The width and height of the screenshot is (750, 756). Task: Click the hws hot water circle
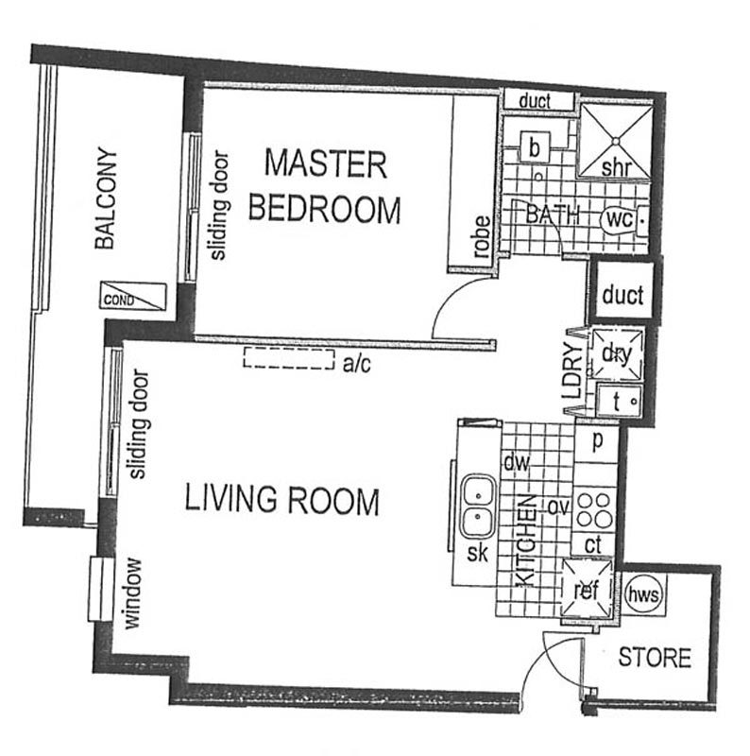tap(643, 594)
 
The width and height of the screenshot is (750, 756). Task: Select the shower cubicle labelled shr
tap(615, 141)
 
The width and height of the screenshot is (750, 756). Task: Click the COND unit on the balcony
tap(133, 296)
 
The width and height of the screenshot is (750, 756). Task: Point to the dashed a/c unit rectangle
tap(289, 358)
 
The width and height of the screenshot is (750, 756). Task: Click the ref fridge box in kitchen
tap(588, 588)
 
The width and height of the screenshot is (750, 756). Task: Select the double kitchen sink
tap(478, 507)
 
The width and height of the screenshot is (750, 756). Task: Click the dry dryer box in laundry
tap(617, 354)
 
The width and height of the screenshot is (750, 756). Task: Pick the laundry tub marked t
tap(620, 401)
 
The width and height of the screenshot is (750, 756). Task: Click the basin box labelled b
tap(535, 146)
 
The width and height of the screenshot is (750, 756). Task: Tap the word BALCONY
tap(106, 198)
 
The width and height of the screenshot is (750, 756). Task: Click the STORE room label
tap(655, 658)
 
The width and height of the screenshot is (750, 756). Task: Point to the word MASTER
tap(326, 163)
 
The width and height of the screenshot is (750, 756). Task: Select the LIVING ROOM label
tap(282, 500)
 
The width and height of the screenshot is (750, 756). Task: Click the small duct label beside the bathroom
tap(535, 101)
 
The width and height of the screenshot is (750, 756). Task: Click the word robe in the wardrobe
tap(482, 236)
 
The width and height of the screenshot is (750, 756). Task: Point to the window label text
tap(132, 593)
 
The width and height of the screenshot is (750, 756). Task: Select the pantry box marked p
tap(597, 441)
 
